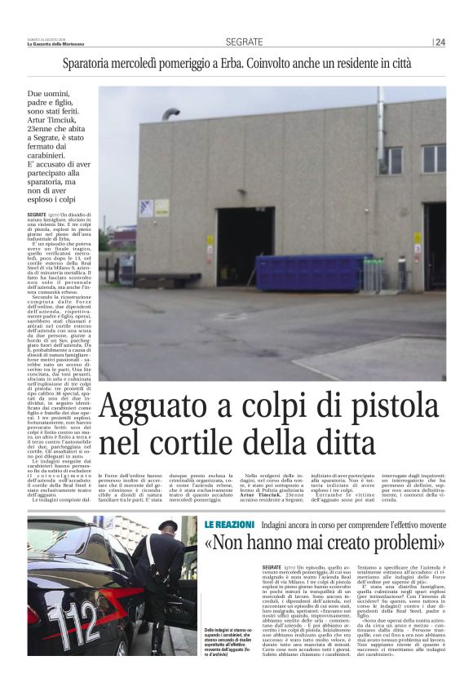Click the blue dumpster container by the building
click(x=312, y=273)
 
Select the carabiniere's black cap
click(x=168, y=526)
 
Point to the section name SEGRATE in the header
click(x=245, y=42)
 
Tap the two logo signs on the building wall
click(x=153, y=208)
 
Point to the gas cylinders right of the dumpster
click(x=372, y=274)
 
